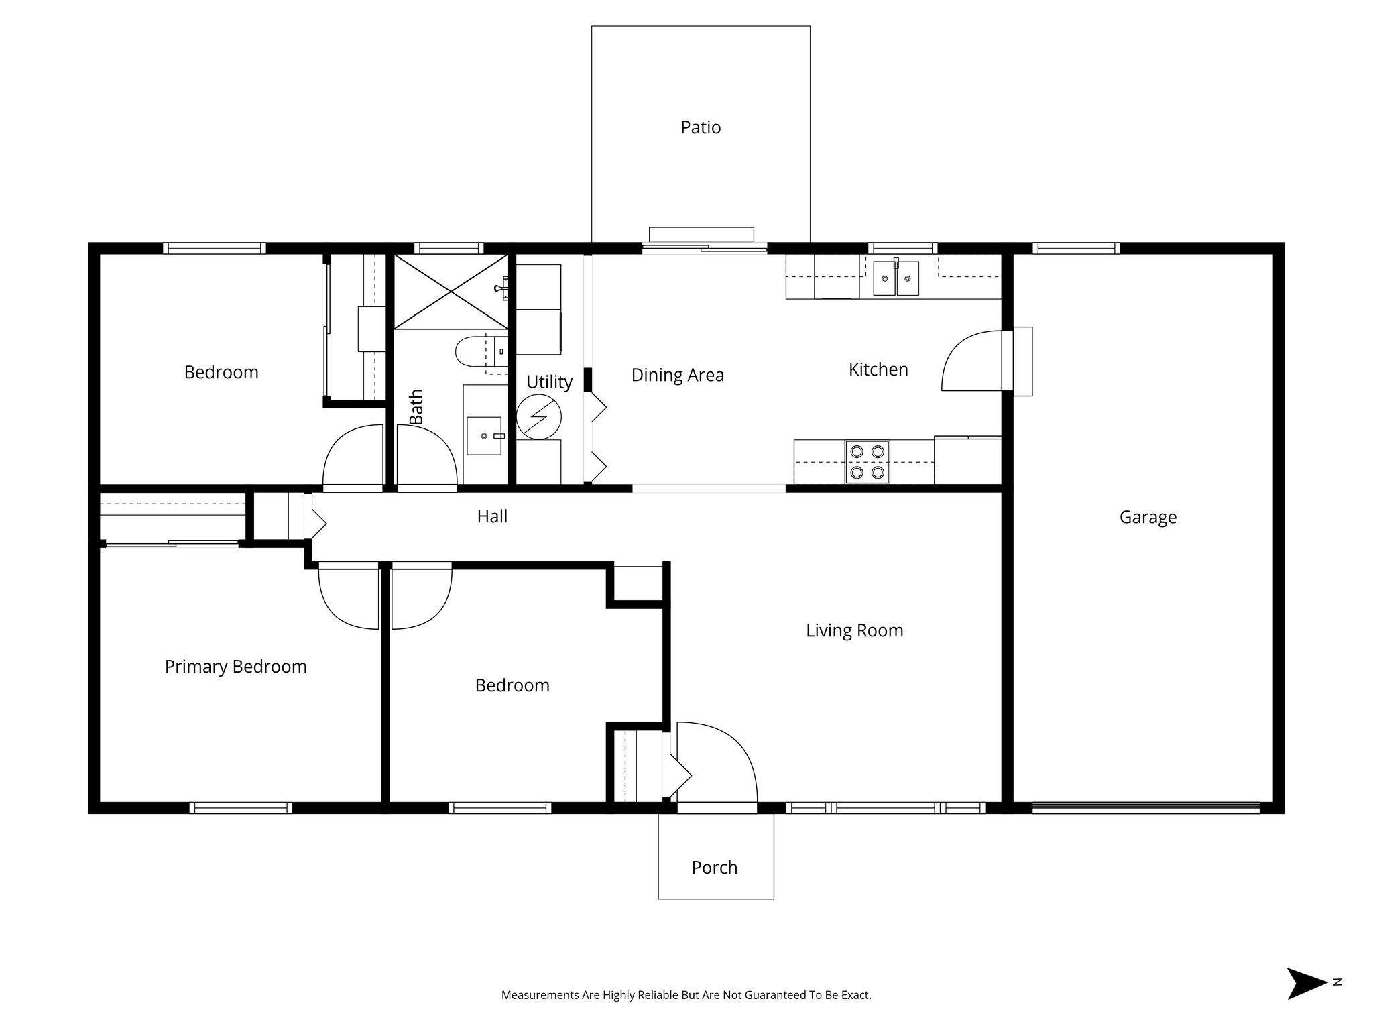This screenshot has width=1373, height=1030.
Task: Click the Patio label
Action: click(701, 127)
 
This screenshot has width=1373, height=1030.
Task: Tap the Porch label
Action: click(714, 867)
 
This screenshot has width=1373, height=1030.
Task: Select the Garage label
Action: click(1148, 517)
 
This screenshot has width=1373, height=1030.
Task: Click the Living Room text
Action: click(854, 630)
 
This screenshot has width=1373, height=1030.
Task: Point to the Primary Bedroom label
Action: click(235, 667)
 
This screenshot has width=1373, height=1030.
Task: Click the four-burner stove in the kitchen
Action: click(868, 462)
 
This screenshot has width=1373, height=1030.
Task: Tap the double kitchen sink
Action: click(896, 278)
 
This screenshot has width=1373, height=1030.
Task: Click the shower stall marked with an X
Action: click(450, 292)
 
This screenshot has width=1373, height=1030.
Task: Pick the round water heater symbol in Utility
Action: click(539, 416)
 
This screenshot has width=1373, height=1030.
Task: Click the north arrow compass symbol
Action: click(1305, 983)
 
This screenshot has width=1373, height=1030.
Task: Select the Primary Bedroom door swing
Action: click(349, 597)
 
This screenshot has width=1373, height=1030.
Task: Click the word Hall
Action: click(492, 516)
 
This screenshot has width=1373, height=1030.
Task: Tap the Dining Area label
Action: click(677, 375)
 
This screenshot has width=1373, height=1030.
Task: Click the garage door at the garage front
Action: click(1145, 807)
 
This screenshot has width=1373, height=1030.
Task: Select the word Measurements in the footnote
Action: click(540, 995)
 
